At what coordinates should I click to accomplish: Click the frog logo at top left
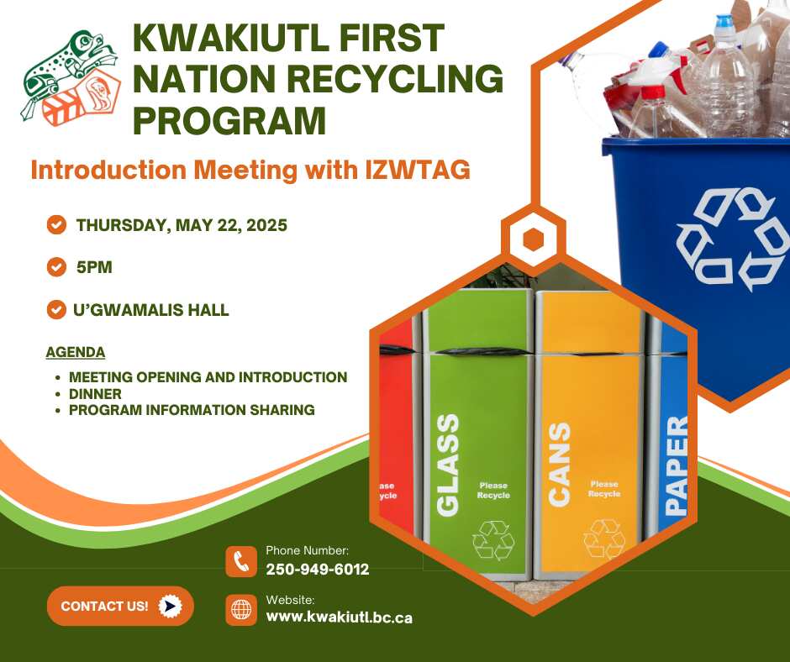tap(70, 76)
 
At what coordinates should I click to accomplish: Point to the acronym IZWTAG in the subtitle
tap(418, 170)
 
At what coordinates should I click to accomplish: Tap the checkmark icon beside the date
tap(56, 224)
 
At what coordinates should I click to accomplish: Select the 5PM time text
tap(94, 267)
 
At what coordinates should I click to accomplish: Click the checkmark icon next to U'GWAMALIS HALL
tap(56, 310)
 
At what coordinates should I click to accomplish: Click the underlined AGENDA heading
tap(76, 352)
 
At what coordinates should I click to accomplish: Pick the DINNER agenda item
tap(95, 394)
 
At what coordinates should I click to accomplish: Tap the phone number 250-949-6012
tap(318, 570)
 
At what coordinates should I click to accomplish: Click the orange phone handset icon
tap(241, 561)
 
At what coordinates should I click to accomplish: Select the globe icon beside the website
tap(241, 610)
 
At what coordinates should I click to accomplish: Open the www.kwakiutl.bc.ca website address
tap(339, 617)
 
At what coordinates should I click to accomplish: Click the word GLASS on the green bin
tap(448, 465)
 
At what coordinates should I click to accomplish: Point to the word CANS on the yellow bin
tap(559, 464)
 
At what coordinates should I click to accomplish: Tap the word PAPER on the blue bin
tap(677, 465)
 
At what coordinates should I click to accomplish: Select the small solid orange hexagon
tap(533, 239)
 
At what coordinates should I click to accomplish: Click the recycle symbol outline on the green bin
tap(493, 540)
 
